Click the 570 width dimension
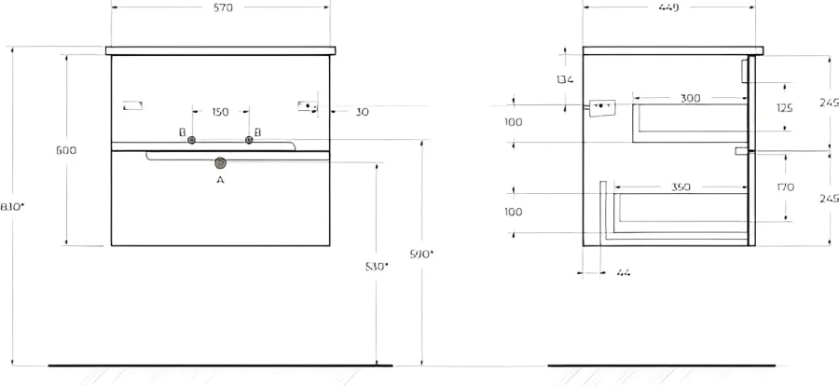[x=221, y=7]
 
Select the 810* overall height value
[x=12, y=207]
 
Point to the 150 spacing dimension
[x=220, y=112]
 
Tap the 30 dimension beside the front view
[x=362, y=112]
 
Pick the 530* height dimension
[x=377, y=267]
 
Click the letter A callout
[x=220, y=179]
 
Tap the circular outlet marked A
[x=221, y=161]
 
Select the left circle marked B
[x=191, y=141]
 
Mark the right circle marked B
[x=249, y=141]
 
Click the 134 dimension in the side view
[x=564, y=79]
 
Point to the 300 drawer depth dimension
[x=690, y=98]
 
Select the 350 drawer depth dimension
[x=681, y=187]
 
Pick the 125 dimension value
[x=785, y=108]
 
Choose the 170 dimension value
[x=785, y=187]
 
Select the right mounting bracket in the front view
[x=308, y=105]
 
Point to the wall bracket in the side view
[x=600, y=107]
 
